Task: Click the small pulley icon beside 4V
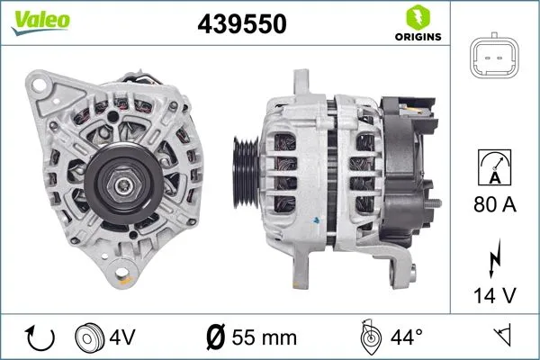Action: pos(89,337)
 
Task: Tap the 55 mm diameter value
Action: pos(263,337)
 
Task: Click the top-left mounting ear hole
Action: pos(40,85)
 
